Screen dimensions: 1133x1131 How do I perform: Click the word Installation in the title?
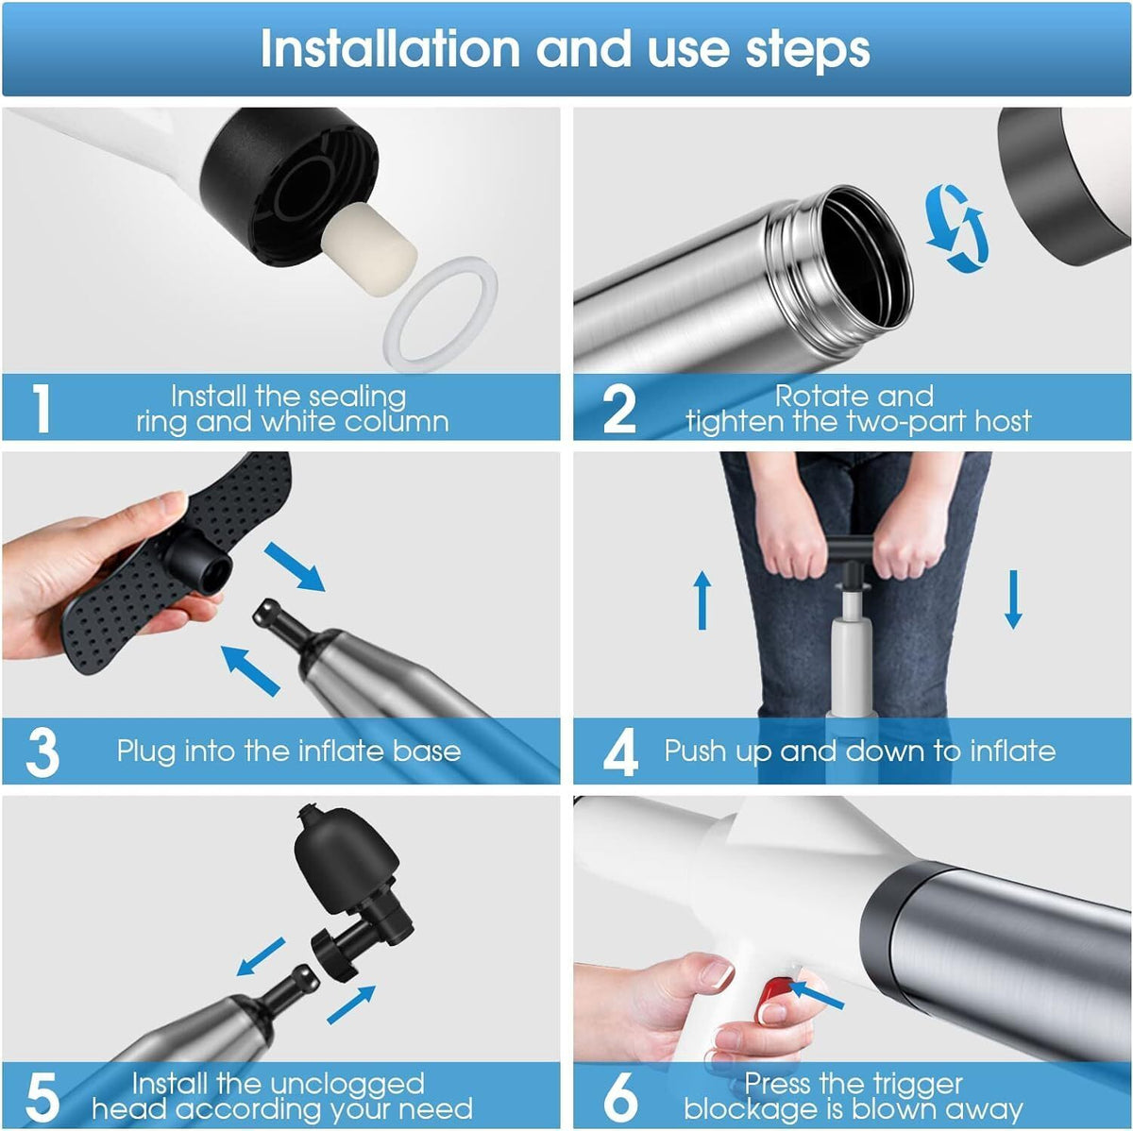click(390, 49)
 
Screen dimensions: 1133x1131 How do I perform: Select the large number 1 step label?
click(42, 408)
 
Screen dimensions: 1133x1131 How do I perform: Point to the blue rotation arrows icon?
click(956, 228)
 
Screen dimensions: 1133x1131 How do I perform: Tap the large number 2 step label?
click(619, 408)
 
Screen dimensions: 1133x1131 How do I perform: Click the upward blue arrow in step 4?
click(702, 599)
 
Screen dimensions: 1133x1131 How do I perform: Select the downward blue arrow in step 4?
click(1012, 599)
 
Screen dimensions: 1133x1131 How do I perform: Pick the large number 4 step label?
click(619, 752)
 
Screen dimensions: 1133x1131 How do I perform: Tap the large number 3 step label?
click(42, 752)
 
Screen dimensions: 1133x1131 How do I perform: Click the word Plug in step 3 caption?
click(145, 752)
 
